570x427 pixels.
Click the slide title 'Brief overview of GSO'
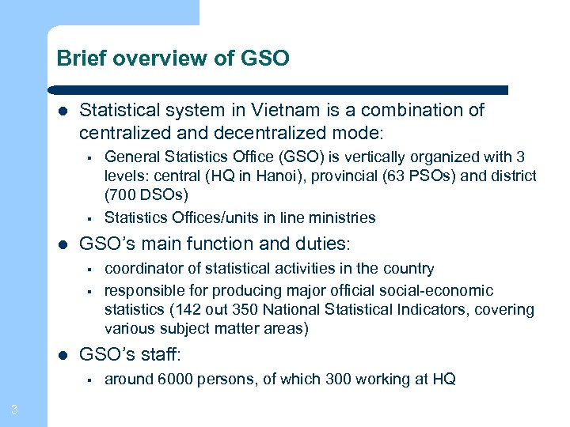[x=173, y=59]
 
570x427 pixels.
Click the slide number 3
[x=14, y=409]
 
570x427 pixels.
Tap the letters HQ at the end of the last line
[x=444, y=380]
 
